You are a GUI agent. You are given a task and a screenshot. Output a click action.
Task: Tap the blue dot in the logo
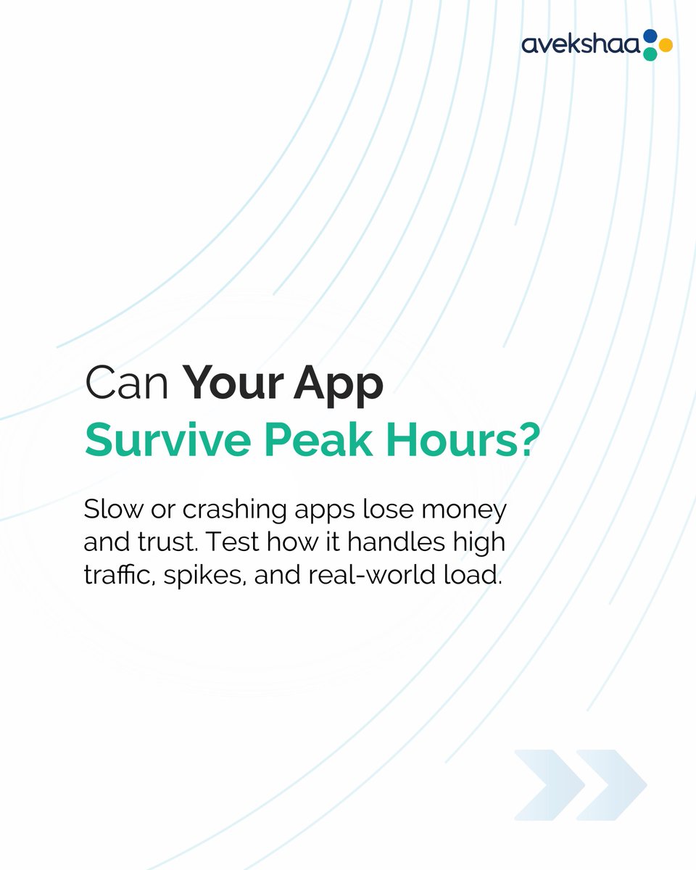(650, 36)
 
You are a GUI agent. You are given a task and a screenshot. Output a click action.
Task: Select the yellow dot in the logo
(665, 46)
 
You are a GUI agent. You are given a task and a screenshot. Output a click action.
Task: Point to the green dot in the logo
(650, 54)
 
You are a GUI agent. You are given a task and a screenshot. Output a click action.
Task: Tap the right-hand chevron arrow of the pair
(610, 784)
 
